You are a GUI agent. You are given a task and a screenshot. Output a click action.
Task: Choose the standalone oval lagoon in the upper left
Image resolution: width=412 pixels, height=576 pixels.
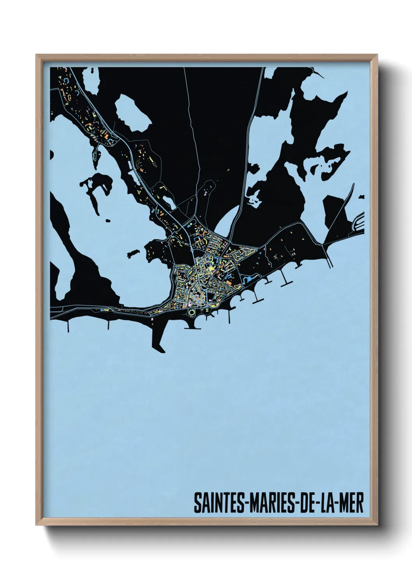132,113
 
